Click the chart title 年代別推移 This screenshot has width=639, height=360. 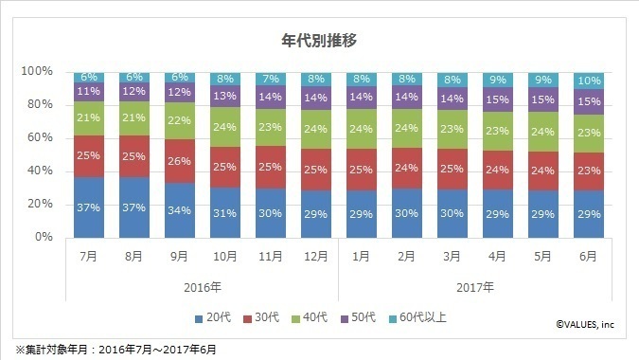pos(319,41)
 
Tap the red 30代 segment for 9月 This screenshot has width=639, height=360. pos(179,161)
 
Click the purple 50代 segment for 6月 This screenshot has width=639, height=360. pos(587,101)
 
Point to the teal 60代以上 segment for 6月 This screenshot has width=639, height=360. pos(587,80)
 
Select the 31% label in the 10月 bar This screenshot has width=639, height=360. pos(224,213)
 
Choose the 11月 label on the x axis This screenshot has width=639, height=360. pos(270,256)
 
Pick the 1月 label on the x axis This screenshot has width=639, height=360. pos(360,256)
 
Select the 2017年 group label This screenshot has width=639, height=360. pos(473,287)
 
